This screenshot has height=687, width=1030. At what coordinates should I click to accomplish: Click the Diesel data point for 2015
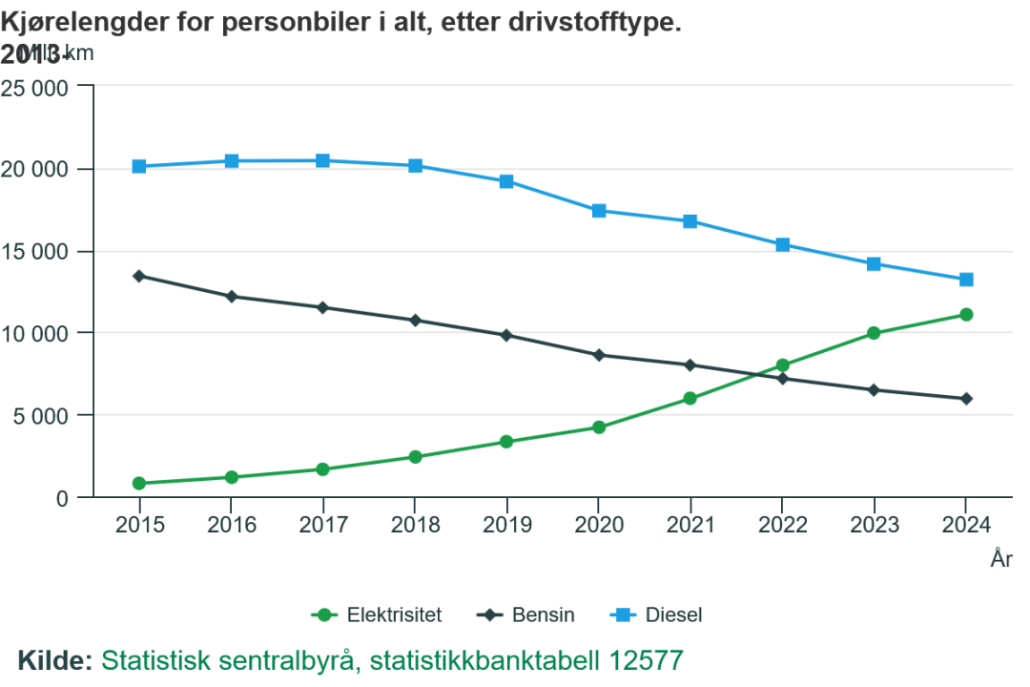point(139,166)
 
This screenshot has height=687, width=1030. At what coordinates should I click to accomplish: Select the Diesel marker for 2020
point(598,211)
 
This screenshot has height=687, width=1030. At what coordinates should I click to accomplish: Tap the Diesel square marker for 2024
point(965,280)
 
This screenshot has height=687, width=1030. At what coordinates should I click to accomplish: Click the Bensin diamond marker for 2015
point(139,276)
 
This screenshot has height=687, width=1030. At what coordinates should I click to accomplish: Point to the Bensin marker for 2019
point(506,335)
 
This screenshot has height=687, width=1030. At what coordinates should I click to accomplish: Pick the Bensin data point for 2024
point(965,399)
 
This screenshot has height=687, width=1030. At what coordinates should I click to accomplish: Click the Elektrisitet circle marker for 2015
point(139,484)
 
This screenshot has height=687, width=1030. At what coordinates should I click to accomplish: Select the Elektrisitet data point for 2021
point(690,399)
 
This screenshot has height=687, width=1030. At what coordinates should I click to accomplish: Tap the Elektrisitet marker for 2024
point(965,315)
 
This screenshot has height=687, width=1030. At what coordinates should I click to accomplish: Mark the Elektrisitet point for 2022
point(782,365)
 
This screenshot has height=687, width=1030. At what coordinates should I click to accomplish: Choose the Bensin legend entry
point(526,615)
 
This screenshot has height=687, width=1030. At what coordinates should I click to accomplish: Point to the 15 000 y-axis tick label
point(36,252)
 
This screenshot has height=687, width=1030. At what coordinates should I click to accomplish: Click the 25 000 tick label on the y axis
point(36,88)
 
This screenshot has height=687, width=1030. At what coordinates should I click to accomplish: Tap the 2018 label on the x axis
point(415,525)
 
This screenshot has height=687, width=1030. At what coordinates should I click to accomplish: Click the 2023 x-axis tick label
point(874,525)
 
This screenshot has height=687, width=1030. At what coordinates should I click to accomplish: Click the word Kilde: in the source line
point(55,660)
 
